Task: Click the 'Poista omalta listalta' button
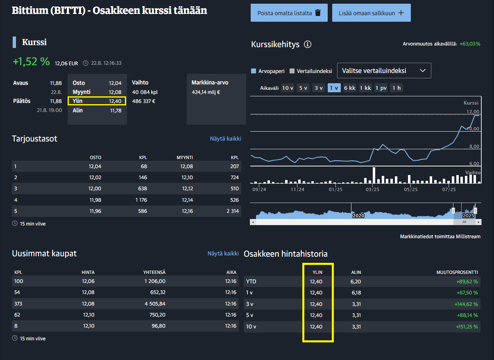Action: point(289,13)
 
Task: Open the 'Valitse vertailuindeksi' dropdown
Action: point(384,71)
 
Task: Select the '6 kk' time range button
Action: point(349,88)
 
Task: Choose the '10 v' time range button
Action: point(288,88)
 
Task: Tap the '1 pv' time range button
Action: point(381,88)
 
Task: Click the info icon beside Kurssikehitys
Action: point(308,44)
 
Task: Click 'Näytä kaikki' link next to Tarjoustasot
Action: point(225,139)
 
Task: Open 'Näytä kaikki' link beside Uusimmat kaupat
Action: point(223,253)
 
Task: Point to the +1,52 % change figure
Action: point(31,62)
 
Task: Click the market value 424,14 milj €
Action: point(206,92)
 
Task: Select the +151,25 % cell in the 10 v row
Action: point(467,327)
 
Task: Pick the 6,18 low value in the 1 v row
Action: point(356,293)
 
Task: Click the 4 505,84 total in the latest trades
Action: point(155,304)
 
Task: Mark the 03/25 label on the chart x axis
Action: point(372,189)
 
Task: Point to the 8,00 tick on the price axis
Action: point(474,146)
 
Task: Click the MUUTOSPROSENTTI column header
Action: point(457,272)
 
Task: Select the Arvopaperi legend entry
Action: point(268,71)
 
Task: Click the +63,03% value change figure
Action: point(470,43)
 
